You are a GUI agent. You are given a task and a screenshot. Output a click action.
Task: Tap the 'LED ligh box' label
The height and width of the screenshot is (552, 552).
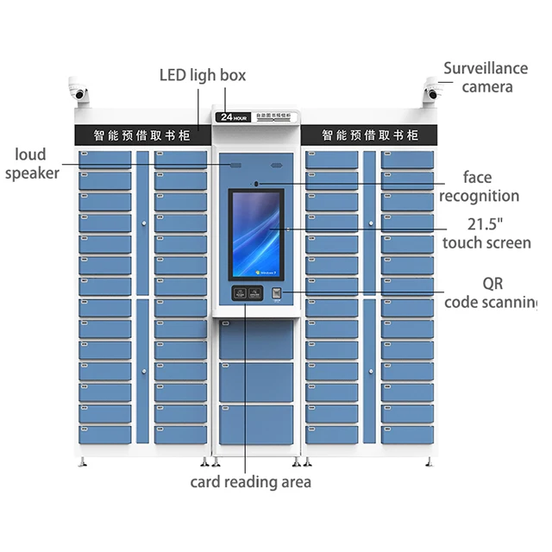(203, 75)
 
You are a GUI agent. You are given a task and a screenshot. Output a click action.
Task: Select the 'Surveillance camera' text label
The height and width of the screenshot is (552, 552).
(486, 77)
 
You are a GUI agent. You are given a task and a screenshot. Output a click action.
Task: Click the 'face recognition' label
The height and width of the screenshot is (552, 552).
(479, 186)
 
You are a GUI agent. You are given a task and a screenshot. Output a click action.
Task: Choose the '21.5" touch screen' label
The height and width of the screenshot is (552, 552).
(486, 233)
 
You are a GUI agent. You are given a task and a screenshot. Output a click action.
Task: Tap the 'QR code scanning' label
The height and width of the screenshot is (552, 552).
(492, 292)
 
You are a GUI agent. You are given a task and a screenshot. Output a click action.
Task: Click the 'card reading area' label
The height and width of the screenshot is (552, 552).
(250, 481)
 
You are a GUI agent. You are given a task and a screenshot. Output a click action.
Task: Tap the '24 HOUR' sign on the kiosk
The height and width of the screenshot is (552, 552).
(232, 117)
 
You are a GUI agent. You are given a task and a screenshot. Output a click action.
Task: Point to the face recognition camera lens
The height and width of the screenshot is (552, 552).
(255, 183)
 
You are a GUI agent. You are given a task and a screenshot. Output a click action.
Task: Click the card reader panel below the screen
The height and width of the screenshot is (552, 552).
(247, 293)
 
